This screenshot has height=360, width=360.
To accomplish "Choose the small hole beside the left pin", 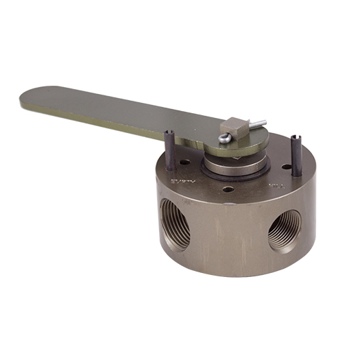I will click(x=183, y=163).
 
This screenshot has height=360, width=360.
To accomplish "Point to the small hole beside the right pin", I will click(x=284, y=166).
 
